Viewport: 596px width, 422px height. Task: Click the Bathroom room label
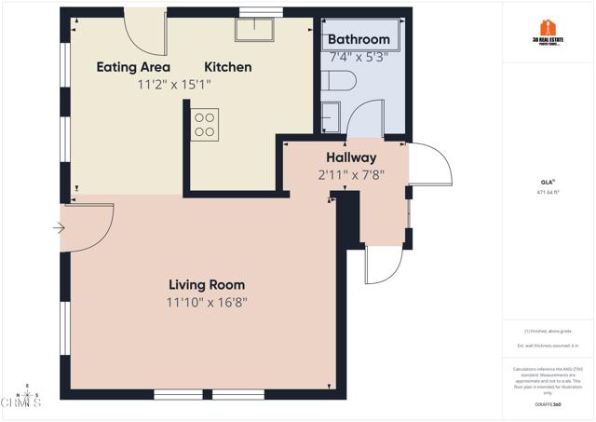click(359, 39)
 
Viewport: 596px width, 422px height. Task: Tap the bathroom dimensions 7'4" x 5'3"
click(359, 56)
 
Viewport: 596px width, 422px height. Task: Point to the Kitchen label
click(228, 67)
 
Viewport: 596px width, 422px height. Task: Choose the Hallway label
click(351, 157)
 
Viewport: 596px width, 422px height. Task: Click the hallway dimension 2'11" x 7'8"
click(351, 174)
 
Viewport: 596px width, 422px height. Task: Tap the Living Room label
click(207, 284)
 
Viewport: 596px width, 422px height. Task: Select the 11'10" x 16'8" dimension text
click(207, 302)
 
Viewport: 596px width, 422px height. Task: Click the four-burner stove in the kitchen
click(205, 125)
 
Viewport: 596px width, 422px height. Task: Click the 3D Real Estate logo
click(549, 31)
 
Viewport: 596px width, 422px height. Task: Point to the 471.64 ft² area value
click(549, 192)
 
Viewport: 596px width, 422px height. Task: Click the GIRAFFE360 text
click(549, 404)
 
